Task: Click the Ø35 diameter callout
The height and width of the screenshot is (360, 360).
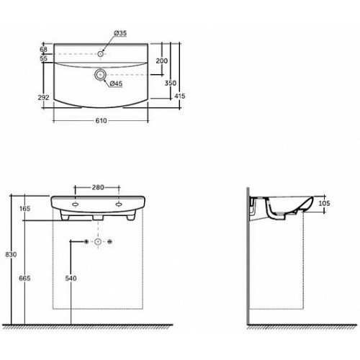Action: point(120,33)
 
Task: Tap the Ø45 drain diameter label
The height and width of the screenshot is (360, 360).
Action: point(116,84)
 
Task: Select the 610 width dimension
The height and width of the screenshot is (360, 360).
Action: point(101,121)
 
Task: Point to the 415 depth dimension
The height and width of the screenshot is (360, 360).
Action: point(180,96)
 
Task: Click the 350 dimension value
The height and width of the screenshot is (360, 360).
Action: point(171,83)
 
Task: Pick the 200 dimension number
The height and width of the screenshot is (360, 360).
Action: point(162,61)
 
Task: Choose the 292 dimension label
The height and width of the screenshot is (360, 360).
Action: point(43,97)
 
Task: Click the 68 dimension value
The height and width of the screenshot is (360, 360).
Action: point(43,50)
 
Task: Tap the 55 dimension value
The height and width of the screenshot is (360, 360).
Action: point(43,58)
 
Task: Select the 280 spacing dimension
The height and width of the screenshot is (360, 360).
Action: point(98,187)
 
